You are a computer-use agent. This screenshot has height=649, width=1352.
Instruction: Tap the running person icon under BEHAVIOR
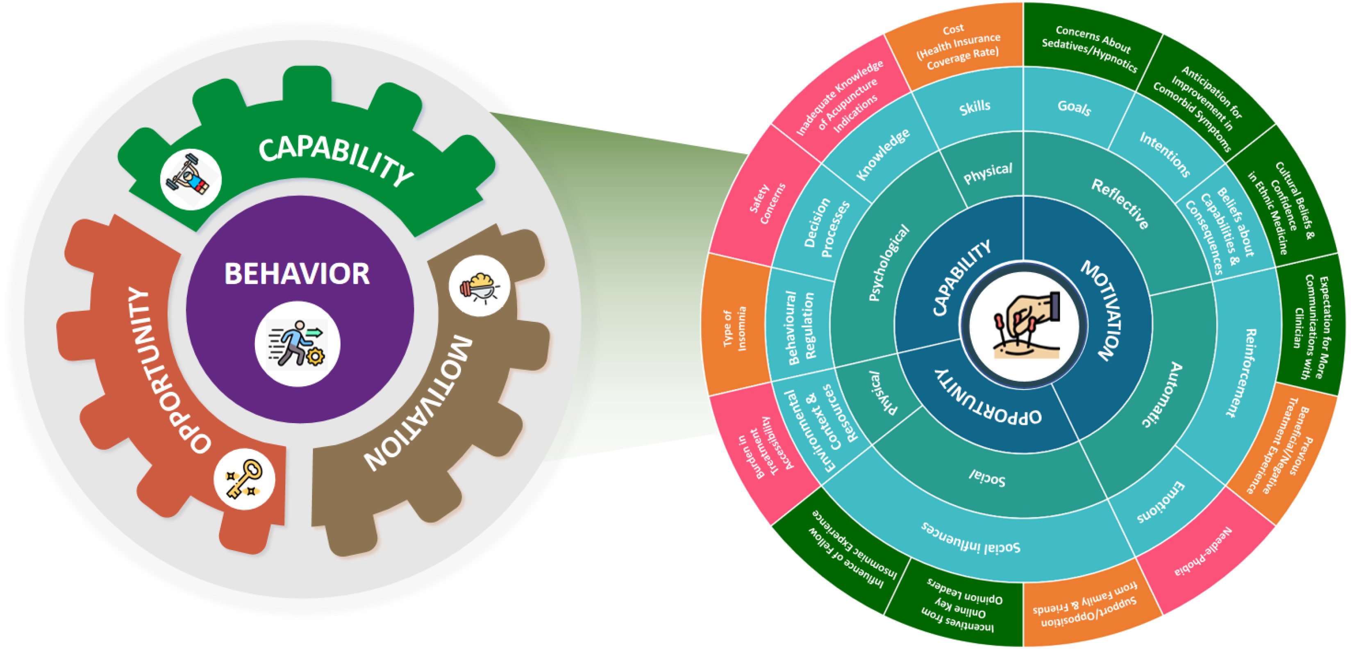[298, 344]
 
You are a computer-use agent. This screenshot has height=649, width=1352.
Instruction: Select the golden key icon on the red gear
[245, 478]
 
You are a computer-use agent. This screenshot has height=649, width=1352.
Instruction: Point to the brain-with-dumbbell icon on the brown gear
[479, 286]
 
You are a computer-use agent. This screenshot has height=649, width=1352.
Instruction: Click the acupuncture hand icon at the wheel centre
[1024, 325]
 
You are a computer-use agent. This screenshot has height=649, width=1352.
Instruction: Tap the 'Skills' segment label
[975, 108]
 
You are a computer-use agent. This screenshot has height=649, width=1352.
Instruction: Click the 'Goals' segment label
[1074, 108]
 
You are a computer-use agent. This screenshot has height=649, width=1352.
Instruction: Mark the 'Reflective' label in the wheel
[1120, 204]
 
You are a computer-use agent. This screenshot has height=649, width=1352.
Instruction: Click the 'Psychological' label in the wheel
[888, 262]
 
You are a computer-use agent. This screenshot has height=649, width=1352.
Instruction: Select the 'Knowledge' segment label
[883, 155]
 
